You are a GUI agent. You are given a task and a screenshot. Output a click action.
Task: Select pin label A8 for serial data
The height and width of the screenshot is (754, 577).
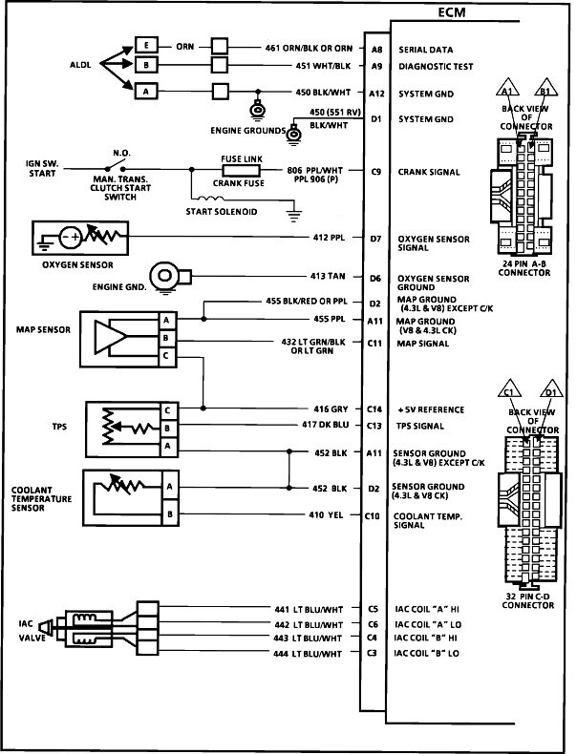click(x=376, y=47)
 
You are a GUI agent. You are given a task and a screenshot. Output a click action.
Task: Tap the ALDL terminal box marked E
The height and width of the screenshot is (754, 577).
click(x=146, y=46)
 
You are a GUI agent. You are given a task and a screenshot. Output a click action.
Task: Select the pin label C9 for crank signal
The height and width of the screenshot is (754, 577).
click(x=376, y=173)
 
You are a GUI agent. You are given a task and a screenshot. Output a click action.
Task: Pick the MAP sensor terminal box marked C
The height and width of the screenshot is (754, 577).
click(x=166, y=356)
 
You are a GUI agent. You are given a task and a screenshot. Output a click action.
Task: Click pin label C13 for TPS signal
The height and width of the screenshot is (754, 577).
click(x=376, y=425)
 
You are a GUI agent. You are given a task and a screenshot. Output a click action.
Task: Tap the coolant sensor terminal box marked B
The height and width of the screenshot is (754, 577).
click(x=170, y=516)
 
